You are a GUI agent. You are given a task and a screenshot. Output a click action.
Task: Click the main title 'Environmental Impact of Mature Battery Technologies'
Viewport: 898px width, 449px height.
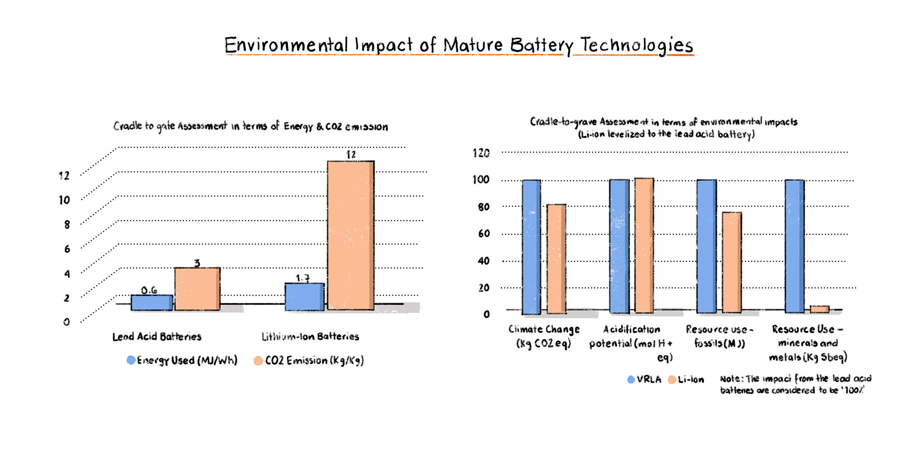458,45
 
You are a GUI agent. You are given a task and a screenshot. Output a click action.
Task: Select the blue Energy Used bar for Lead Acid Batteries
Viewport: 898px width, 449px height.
152,303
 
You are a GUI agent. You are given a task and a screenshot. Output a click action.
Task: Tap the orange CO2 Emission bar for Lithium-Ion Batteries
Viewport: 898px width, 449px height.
350,235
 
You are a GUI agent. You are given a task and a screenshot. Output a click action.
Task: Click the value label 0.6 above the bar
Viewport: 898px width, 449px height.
149,291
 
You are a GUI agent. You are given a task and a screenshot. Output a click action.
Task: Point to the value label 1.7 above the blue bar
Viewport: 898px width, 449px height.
303,278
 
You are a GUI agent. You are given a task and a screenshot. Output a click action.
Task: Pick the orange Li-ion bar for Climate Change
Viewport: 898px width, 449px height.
556,259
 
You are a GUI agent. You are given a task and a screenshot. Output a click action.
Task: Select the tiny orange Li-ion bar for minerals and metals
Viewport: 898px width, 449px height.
819,309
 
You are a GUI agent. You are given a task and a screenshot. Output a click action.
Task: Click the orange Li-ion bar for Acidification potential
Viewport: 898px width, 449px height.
644,246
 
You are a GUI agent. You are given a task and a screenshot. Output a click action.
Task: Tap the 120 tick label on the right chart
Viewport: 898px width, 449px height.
481,153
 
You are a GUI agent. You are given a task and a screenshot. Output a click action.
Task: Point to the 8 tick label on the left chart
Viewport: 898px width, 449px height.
67,224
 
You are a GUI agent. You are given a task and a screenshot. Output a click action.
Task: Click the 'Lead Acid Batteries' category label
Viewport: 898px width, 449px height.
157,336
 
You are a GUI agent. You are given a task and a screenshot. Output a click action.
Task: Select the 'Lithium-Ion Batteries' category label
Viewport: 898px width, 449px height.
310,336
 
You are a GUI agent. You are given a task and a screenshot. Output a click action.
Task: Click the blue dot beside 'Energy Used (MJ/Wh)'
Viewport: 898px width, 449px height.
131,360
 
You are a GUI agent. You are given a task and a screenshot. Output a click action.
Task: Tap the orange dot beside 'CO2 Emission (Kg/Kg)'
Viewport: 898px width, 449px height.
258,361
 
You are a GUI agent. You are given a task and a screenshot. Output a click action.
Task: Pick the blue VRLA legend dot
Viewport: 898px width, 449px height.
631,379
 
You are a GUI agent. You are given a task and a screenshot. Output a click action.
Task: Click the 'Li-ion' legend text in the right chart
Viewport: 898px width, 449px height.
691,379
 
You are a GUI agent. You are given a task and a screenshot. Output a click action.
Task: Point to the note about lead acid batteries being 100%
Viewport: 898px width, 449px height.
795,384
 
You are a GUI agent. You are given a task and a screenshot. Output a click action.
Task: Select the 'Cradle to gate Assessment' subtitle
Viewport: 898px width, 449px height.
251,126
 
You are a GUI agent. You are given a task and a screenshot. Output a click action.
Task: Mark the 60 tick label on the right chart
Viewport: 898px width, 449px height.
484,233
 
